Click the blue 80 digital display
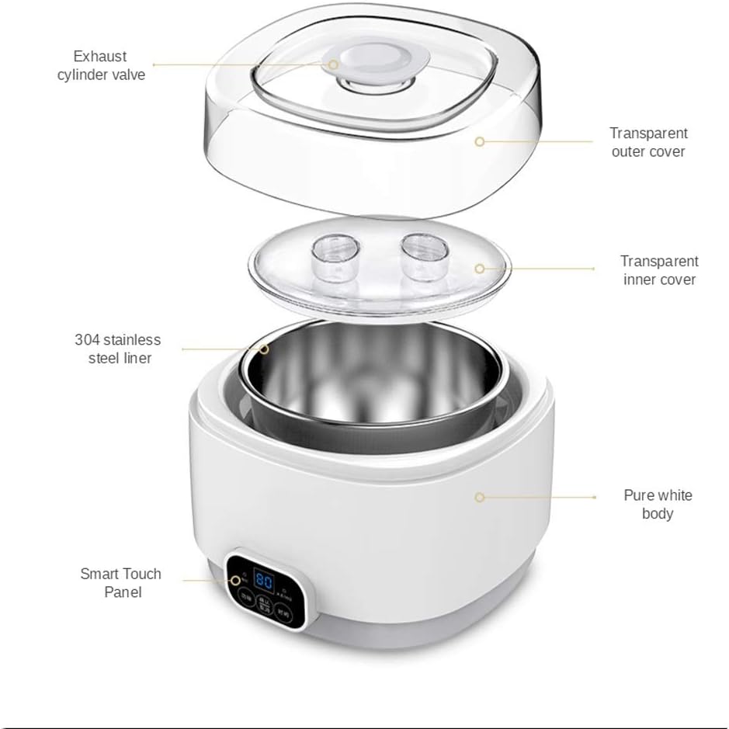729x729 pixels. [x=263, y=581]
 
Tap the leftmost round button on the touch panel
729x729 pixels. [x=246, y=598]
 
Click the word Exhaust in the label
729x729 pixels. [x=100, y=56]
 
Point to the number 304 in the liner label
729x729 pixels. [x=86, y=340]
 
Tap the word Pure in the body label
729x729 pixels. [x=639, y=495]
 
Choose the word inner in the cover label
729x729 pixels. [x=640, y=279]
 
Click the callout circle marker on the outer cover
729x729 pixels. [x=480, y=142]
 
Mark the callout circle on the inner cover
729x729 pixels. [x=480, y=269]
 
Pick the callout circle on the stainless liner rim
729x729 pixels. [x=264, y=349]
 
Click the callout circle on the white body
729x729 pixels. [x=480, y=496]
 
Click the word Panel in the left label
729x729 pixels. [x=123, y=592]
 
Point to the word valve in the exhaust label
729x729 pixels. [x=127, y=75]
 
